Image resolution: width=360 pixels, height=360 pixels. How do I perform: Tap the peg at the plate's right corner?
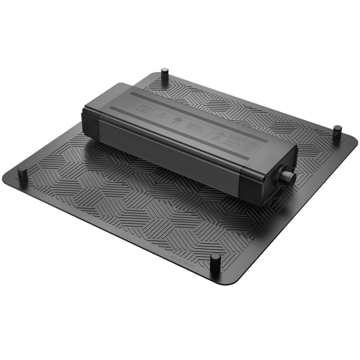point(336,132)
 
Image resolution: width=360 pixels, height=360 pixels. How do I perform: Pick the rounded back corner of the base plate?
point(160,71)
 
